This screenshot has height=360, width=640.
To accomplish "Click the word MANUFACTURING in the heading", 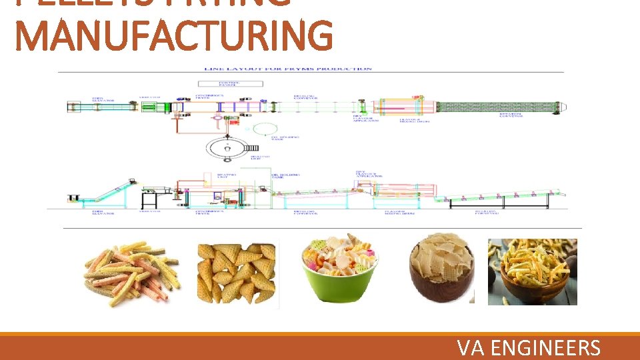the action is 173,36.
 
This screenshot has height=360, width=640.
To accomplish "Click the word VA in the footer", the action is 471,348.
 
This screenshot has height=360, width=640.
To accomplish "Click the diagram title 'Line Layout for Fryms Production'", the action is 288,69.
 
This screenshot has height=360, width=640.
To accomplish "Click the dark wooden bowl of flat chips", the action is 442,271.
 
